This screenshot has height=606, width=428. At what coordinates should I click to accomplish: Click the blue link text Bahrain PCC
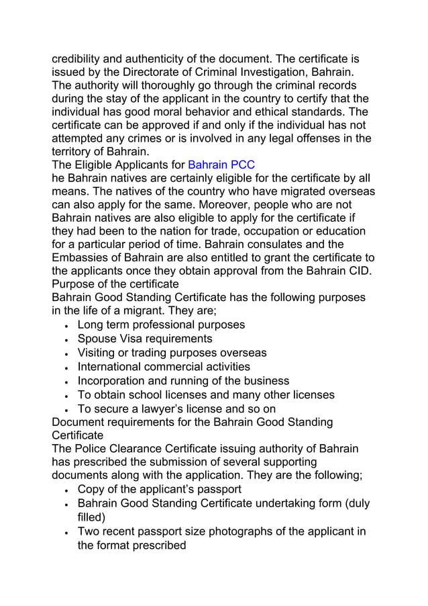click(x=221, y=165)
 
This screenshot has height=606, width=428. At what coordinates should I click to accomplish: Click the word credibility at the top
click(x=81, y=58)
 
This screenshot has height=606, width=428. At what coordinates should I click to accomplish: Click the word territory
click(x=74, y=152)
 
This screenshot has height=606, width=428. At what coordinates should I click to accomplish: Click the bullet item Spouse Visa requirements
click(x=145, y=339)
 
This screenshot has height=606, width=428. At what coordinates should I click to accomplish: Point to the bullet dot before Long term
click(x=67, y=326)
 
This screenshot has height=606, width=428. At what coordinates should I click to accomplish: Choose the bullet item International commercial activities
click(x=164, y=367)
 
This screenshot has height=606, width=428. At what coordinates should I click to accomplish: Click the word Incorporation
click(x=112, y=381)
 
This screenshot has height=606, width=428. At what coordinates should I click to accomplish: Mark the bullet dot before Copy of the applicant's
click(x=67, y=490)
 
